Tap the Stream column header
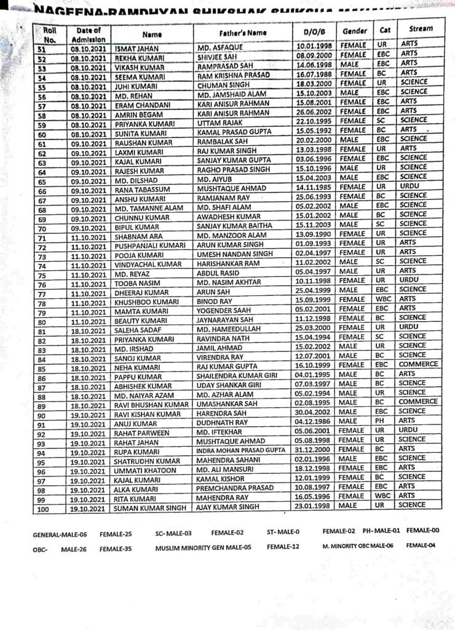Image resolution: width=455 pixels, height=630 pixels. [x=416, y=29]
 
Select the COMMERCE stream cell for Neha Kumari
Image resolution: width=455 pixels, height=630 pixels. [x=417, y=364]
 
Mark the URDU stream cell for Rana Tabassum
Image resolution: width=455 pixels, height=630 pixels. [x=408, y=185]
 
